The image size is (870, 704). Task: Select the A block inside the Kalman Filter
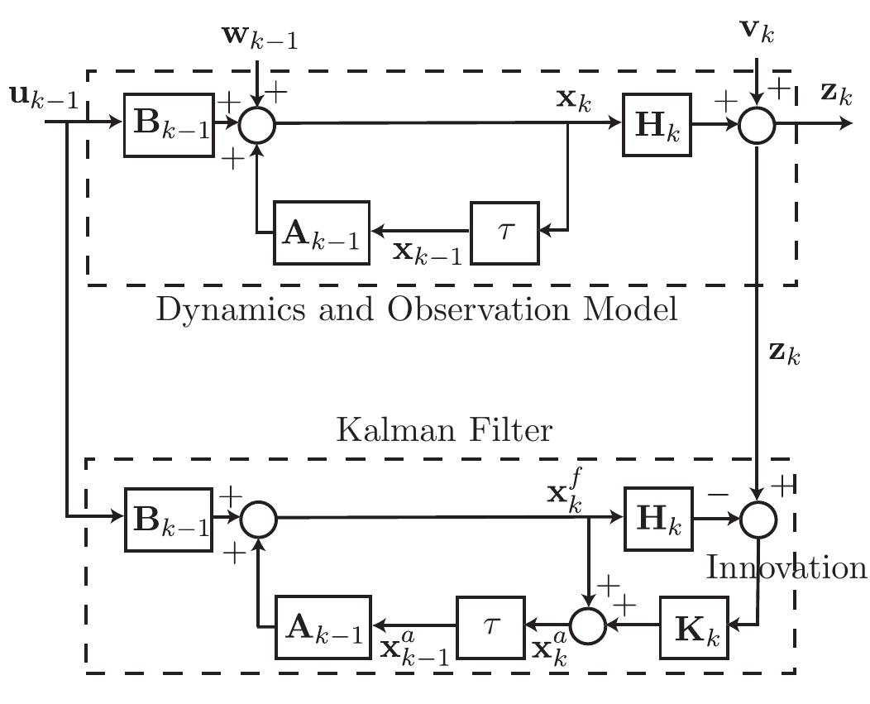pos(323,626)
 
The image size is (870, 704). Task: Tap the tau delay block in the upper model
pos(504,231)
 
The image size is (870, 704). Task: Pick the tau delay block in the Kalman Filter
pos(490,626)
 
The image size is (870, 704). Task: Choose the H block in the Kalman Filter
pos(657,520)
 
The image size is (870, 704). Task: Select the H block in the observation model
pos(657,124)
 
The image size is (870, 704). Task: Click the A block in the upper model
pos(323,232)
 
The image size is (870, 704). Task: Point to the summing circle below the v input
pos(758,124)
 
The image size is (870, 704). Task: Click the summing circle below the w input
pos(258,124)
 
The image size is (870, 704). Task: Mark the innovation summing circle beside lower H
pos(758,520)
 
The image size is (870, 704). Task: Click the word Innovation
pos(786,568)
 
